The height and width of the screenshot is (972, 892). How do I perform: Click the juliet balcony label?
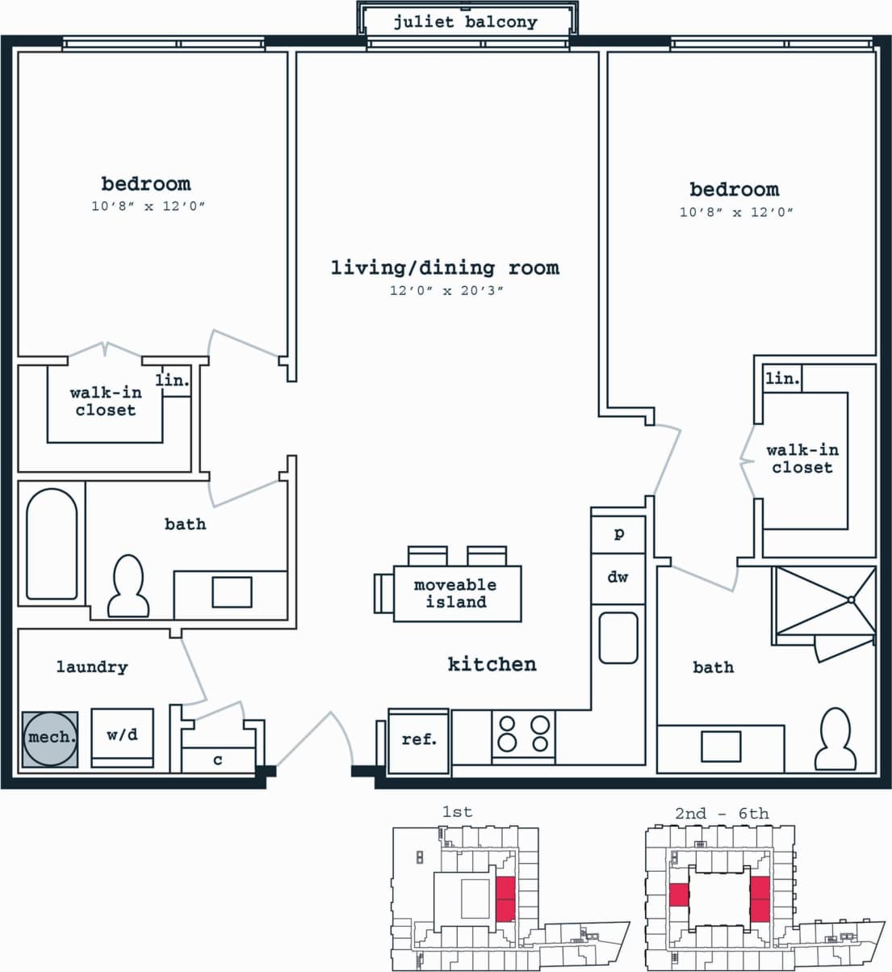466,22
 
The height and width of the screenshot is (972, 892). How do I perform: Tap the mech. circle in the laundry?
50,738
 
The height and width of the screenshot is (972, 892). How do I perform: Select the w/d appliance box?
122,736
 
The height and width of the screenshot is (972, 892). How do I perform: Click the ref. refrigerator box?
418,738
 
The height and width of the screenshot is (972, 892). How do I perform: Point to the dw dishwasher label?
618,577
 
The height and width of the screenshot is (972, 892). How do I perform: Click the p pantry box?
618,534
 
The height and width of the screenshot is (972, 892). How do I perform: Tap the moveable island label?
455,593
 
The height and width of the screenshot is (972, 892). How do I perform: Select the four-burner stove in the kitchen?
523,734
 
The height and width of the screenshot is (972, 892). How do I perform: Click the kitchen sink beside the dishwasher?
618,638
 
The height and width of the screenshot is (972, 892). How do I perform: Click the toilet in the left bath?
128,587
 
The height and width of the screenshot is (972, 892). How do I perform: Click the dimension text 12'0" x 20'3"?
446,291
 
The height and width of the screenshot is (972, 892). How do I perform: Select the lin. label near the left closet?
173,380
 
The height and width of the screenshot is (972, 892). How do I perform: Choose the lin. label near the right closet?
781,378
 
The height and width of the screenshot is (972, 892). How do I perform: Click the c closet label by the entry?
217,760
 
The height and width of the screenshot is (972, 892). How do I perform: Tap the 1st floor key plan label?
457,811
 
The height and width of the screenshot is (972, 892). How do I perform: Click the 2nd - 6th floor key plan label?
722,813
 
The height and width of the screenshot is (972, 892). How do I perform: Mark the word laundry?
92,667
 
